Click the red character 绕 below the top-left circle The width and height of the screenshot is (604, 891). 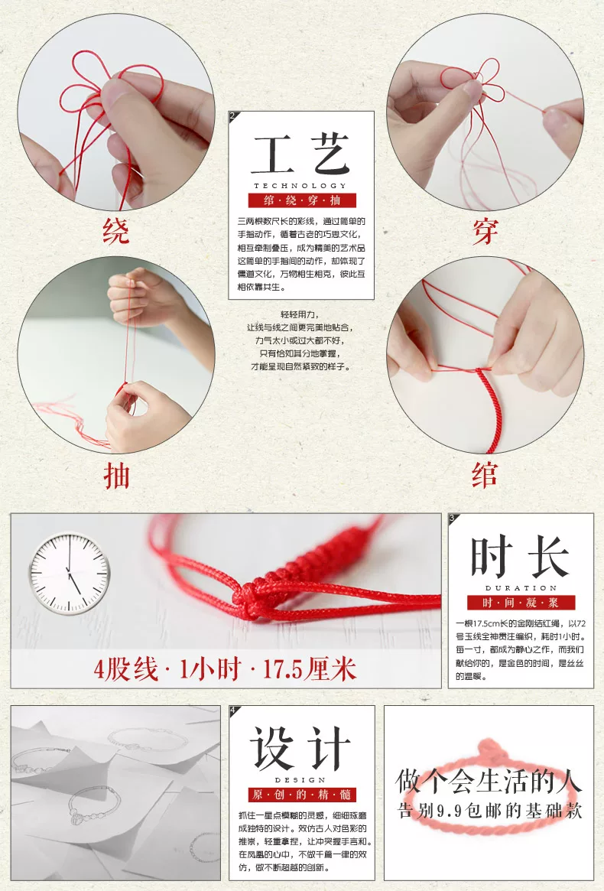116,231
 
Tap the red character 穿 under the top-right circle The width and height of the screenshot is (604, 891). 485,231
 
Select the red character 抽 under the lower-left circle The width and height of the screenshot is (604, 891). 117,476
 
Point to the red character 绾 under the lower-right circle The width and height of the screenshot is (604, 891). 485,475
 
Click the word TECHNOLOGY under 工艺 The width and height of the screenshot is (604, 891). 300,185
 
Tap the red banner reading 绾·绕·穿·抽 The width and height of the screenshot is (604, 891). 302,200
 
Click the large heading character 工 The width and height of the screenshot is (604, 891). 273,154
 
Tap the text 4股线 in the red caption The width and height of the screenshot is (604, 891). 125,670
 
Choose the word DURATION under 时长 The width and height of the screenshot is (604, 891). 521,588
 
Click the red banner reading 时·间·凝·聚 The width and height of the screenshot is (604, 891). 521,603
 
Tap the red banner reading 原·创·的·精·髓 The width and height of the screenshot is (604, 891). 302,795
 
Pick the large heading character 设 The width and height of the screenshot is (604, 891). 271,749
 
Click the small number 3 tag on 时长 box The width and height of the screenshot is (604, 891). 453,518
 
